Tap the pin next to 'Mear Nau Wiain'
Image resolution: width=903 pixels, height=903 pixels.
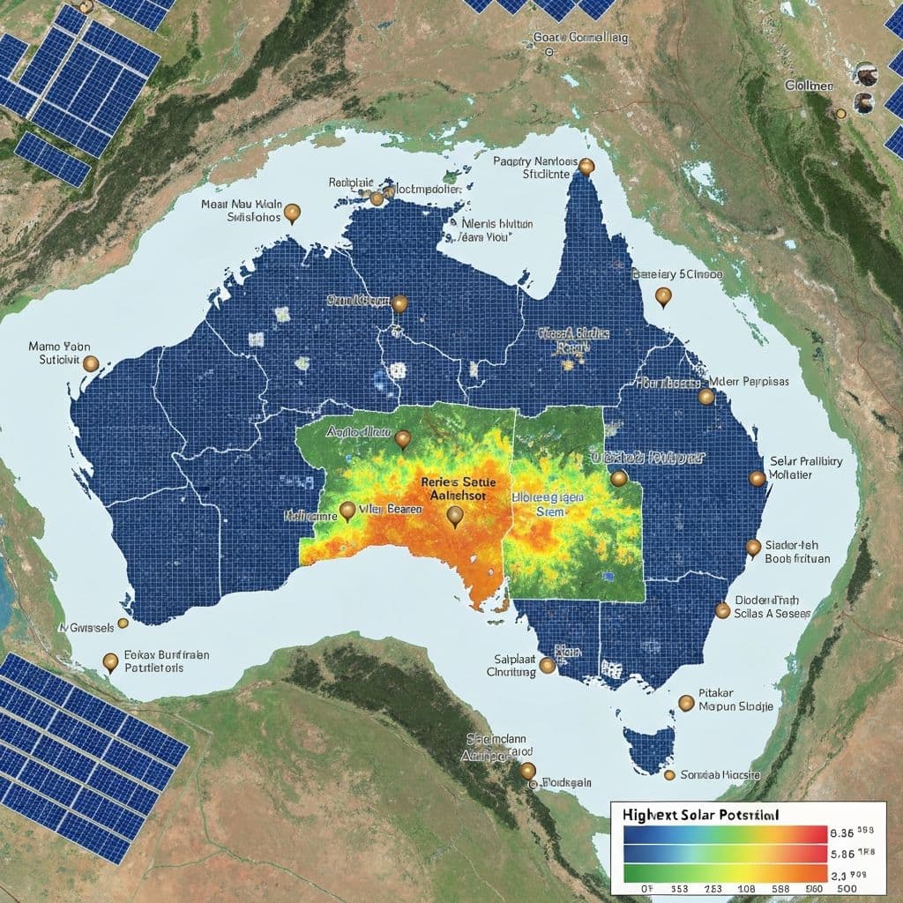pyautogui.click(x=294, y=213)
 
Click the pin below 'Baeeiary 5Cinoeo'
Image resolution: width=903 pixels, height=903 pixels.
pyautogui.click(x=664, y=297)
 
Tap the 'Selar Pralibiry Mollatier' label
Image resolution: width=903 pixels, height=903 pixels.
pyautogui.click(x=806, y=467)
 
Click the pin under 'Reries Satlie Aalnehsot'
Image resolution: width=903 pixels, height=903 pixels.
pyautogui.click(x=455, y=516)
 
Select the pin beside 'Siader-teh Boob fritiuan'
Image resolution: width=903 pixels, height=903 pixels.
pyautogui.click(x=753, y=548)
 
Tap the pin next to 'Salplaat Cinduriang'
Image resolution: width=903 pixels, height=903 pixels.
pyautogui.click(x=548, y=666)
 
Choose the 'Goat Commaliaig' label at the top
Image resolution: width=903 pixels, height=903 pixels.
pyautogui.click(x=581, y=38)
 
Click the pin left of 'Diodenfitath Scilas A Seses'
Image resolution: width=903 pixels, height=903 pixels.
pyautogui.click(x=722, y=609)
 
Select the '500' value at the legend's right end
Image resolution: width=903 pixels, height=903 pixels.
pyautogui.click(x=847, y=888)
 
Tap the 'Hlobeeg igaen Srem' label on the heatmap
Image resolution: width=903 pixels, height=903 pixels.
pyautogui.click(x=548, y=504)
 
